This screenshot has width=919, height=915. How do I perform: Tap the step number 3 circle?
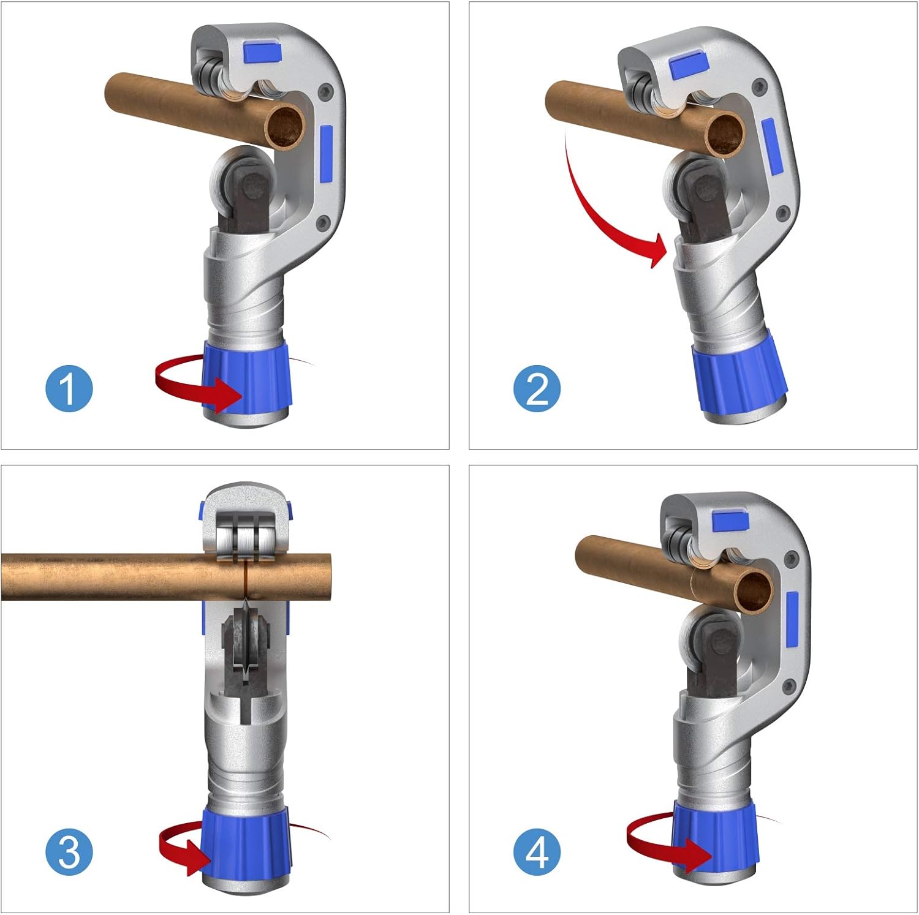(69, 852)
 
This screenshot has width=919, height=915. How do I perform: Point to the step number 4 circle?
(537, 852)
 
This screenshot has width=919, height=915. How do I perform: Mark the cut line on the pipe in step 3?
(245, 577)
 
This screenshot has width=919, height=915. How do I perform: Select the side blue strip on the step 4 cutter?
(792, 619)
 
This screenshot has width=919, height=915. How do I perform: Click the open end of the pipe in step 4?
(753, 590)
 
